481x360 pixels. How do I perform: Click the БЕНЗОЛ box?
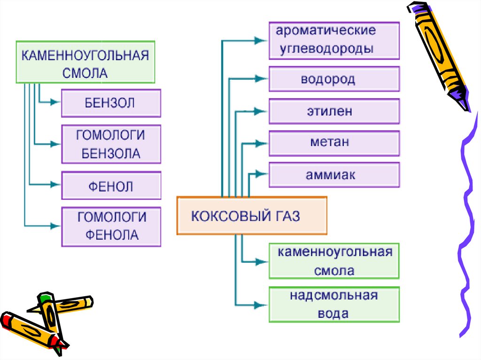pyautogui.click(x=111, y=103)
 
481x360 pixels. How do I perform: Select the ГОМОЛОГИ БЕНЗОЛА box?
pyautogui.click(x=111, y=144)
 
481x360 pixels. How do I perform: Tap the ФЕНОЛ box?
pyautogui.click(x=111, y=186)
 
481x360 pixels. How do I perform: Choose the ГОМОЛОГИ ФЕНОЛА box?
pyautogui.click(x=111, y=226)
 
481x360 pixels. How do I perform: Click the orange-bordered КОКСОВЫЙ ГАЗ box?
pyautogui.click(x=251, y=216)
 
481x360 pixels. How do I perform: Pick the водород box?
pyautogui.click(x=334, y=79)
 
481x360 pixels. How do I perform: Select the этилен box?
pyautogui.click(x=334, y=112)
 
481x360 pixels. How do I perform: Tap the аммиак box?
pyautogui.click(x=334, y=175)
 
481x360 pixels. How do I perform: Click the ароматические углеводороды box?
pyautogui.click(x=334, y=40)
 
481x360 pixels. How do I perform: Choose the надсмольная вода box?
pyautogui.click(x=334, y=305)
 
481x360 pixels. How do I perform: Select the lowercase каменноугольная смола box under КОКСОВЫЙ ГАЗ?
pyautogui.click(x=334, y=261)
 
